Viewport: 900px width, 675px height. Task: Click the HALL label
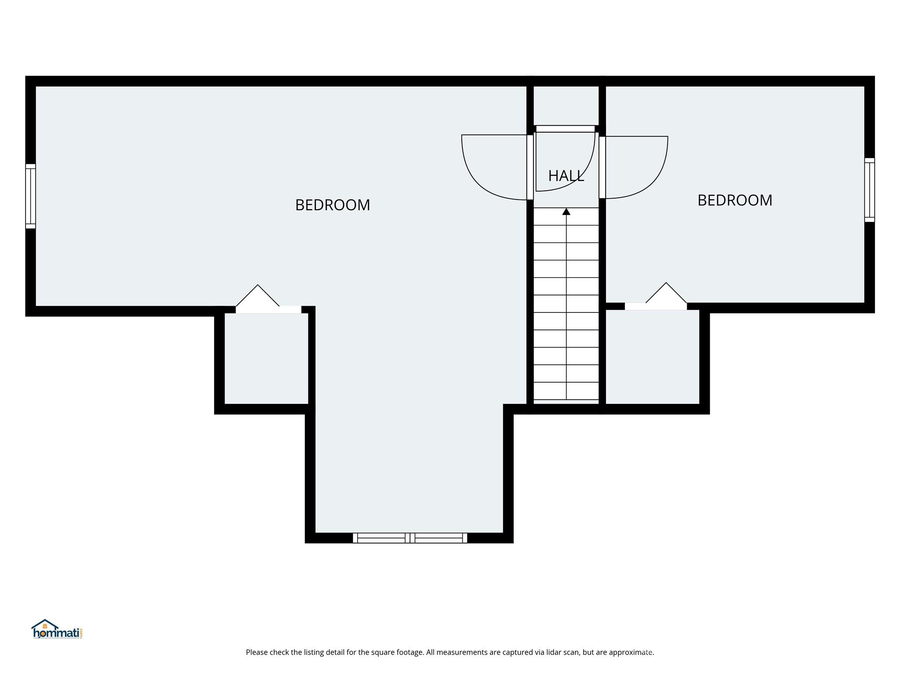point(566,176)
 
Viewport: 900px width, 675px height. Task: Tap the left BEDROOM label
point(332,205)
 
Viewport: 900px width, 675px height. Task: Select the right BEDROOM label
point(735,200)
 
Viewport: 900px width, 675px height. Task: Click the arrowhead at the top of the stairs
point(566,212)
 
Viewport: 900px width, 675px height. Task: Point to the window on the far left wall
point(30,196)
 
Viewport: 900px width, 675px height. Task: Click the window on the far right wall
point(869,190)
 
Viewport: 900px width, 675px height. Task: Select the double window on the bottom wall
point(410,538)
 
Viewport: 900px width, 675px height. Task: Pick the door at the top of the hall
point(565,129)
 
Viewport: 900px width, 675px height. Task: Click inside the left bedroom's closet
point(266,358)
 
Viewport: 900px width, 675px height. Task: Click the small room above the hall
point(566,105)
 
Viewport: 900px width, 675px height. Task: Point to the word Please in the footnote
point(257,652)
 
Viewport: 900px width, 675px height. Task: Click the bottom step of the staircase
point(566,391)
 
